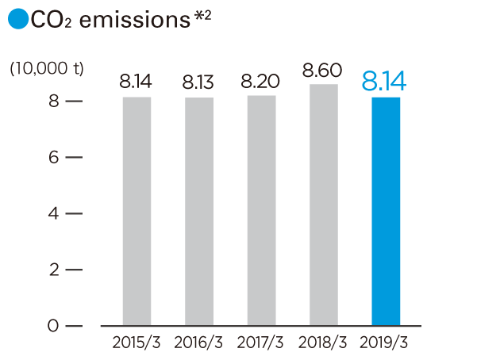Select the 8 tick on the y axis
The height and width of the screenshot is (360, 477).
coord(52,101)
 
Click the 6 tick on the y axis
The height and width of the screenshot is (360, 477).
coord(52,157)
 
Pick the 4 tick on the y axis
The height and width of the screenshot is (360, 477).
coord(52,213)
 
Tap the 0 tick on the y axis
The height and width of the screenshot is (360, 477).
coord(52,326)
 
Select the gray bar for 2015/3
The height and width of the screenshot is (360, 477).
coord(137,211)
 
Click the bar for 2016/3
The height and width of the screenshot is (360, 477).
coord(198,211)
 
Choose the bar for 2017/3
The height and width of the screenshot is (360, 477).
coord(261,210)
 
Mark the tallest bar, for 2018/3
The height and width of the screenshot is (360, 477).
coord(323,205)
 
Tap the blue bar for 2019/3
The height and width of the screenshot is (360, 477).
coord(386,211)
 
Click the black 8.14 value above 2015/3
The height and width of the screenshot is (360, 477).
coord(136,81)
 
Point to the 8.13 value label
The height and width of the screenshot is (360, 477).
coord(198,82)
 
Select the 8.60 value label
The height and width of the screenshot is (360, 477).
coord(323,70)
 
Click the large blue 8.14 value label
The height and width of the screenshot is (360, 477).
coord(386,80)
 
